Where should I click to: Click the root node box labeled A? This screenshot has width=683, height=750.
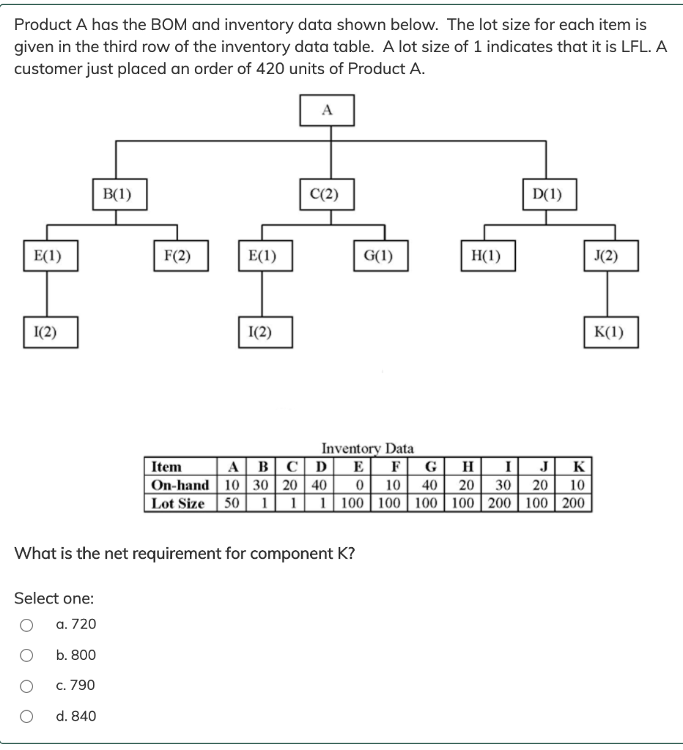pos(327,111)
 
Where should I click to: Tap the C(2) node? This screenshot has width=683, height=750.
pos(327,195)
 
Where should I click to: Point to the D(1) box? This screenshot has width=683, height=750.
pos(547,195)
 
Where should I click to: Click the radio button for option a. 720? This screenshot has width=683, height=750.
pos(26,625)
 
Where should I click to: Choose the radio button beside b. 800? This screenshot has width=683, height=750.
pos(26,656)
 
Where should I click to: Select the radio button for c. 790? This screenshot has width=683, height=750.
pos(26,686)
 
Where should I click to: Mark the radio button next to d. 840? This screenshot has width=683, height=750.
pos(26,717)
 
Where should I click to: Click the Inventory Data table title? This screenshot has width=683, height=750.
pos(367,448)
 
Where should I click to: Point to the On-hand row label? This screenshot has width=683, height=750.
pos(180,485)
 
